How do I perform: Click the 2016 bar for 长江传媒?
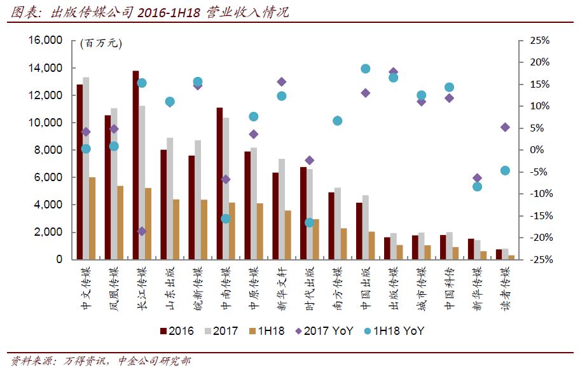[x=135, y=165]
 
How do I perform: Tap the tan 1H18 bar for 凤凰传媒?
[x=120, y=222]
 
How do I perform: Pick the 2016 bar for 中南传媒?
[x=219, y=184]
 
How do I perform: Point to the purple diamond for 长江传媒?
[x=142, y=231]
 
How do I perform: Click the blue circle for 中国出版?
[x=366, y=69]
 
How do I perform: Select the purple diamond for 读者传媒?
[x=506, y=127]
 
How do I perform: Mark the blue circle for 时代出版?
[x=310, y=222]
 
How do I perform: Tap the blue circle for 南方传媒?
[x=338, y=121]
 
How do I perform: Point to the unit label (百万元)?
[x=100, y=43]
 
